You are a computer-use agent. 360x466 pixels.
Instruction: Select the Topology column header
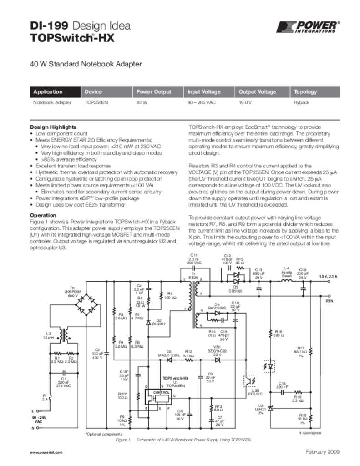(305, 92)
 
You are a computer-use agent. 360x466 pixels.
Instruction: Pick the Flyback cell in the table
(302, 103)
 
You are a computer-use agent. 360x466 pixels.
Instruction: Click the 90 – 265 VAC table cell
(202, 103)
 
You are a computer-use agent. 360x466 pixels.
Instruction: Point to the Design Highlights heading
(53, 127)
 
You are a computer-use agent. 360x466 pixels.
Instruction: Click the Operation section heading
(43, 215)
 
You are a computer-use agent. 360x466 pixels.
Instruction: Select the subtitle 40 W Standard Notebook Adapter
(86, 64)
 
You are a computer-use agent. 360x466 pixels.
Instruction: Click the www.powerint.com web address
(46, 453)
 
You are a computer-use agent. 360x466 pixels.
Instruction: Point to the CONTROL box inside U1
(162, 392)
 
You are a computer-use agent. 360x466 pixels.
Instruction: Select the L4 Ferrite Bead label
(287, 272)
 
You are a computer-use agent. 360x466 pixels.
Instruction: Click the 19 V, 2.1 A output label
(328, 277)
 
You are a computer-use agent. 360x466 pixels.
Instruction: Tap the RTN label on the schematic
(330, 301)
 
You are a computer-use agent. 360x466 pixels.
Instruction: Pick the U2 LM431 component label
(260, 408)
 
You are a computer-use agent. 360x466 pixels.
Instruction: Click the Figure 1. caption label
(123, 441)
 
